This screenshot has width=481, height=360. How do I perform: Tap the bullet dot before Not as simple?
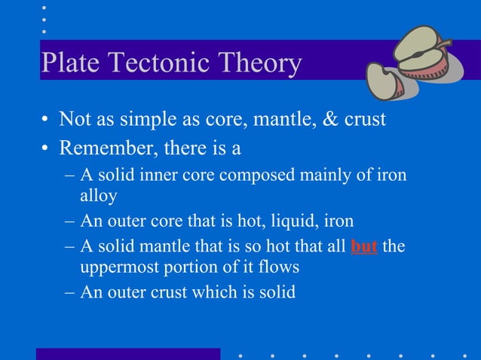(46, 121)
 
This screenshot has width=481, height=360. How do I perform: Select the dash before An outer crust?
(69, 291)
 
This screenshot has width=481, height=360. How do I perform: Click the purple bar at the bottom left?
(128, 353)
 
